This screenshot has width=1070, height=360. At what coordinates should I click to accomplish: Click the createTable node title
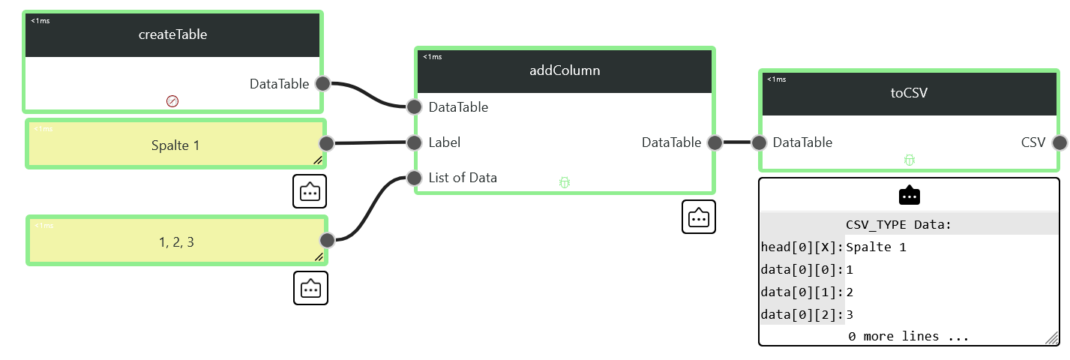click(172, 34)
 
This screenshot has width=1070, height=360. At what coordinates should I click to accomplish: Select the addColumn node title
click(565, 70)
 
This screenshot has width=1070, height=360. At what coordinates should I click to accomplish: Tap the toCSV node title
click(909, 93)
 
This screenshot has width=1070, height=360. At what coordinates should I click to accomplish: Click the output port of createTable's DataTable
click(323, 84)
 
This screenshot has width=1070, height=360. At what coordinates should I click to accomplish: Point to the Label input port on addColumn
click(414, 142)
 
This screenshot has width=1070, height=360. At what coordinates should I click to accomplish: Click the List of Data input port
click(414, 178)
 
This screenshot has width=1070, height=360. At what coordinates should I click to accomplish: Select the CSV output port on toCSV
click(1060, 142)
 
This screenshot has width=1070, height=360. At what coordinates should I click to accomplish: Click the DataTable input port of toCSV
click(759, 142)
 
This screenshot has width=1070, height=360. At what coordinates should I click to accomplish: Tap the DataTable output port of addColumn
click(715, 142)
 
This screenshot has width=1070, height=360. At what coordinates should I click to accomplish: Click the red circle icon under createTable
click(172, 101)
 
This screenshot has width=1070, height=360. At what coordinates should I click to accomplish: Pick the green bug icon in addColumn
click(565, 182)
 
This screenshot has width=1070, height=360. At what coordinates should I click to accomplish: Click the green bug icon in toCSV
click(910, 160)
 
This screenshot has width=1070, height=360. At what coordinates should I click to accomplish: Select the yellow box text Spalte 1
click(175, 145)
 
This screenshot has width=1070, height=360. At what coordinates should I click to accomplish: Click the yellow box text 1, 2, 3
click(176, 242)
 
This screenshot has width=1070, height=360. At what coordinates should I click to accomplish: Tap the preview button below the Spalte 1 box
click(310, 191)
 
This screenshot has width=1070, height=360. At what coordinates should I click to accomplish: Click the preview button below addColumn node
click(698, 217)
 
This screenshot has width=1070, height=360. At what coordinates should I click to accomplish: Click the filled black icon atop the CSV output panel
click(910, 195)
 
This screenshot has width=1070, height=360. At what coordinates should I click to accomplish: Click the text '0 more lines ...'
click(908, 337)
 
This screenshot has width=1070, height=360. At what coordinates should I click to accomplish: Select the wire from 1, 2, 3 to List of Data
click(370, 208)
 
